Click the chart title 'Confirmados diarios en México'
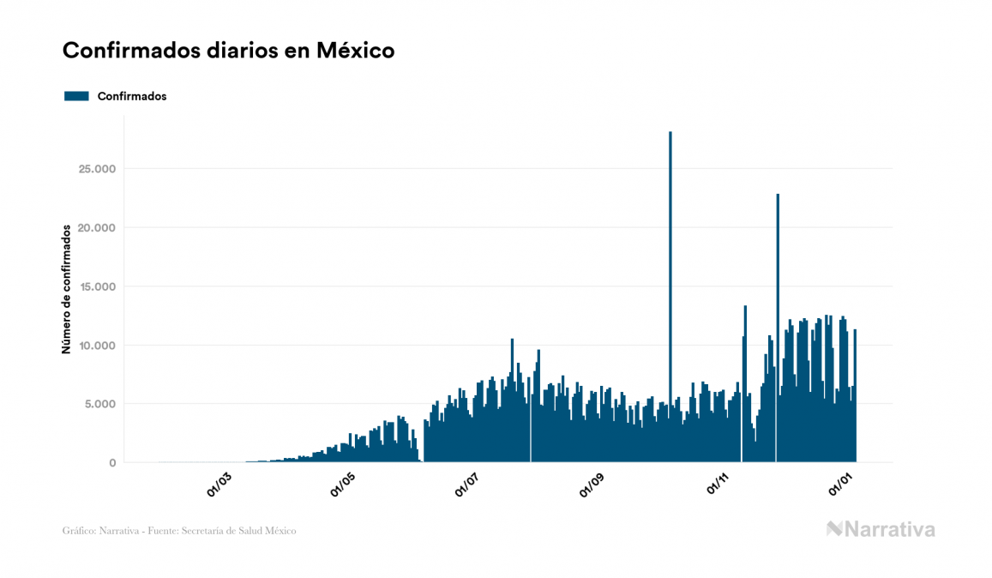point(228,51)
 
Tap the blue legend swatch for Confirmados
point(76,96)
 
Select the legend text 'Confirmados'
point(132,96)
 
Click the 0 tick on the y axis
point(111,463)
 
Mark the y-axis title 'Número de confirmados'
point(66,290)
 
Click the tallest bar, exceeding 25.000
point(670,257)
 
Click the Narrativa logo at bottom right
point(881,529)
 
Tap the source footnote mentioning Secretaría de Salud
point(179,531)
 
